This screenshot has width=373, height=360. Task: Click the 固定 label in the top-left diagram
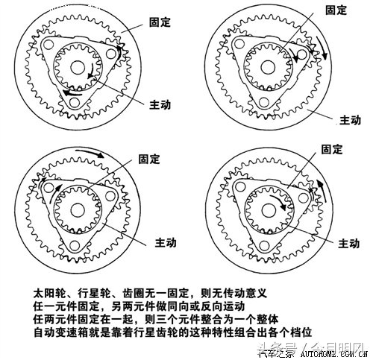(159, 22)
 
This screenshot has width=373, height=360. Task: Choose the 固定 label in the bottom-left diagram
(148, 159)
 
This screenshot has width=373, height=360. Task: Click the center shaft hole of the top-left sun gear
(76, 66)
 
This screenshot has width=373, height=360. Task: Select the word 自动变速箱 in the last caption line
(63, 330)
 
